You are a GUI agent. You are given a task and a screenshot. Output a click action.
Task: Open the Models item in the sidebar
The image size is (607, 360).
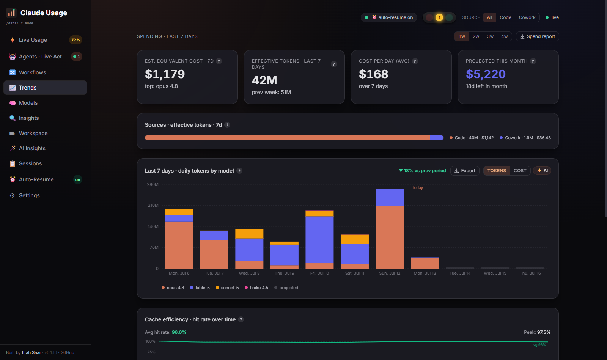coord(28,103)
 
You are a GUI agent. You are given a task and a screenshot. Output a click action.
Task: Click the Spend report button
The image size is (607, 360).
coord(537,36)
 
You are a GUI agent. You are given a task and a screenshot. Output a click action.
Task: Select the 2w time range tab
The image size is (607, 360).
coord(476,36)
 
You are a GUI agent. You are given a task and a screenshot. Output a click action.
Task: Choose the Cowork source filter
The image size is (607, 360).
coord(527,17)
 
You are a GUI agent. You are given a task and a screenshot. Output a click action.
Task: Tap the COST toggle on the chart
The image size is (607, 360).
coord(520,171)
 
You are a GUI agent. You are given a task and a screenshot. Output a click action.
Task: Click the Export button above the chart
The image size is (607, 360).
coord(465,171)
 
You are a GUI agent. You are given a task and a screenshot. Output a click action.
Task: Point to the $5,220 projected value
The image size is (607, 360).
coord(486,74)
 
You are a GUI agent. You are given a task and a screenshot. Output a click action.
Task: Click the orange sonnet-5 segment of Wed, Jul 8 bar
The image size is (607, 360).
coord(249,234)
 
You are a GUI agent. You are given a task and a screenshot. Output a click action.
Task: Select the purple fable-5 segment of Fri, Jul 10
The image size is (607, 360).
coord(319,240)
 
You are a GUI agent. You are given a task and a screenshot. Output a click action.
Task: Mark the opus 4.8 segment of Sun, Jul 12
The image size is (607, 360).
coord(390,237)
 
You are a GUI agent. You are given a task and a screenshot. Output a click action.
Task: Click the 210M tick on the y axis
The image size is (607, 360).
coord(153,205)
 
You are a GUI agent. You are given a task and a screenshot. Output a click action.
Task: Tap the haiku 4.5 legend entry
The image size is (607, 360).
coord(256,288)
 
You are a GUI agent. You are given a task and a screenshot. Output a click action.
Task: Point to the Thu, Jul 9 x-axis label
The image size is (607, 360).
coord(284,273)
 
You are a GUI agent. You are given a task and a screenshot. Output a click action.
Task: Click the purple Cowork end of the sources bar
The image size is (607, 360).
coord(437,138)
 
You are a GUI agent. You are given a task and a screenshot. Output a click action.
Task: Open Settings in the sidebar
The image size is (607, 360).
coord(29,195)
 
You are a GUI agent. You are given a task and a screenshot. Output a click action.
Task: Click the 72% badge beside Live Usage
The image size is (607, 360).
coord(75,40)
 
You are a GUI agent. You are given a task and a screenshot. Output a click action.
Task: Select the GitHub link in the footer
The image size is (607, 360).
coord(67,352)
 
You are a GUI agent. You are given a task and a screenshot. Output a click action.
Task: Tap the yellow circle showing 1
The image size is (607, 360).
coord(439,17)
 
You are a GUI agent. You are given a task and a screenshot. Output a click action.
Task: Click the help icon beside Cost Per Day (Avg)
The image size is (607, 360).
coord(415,61)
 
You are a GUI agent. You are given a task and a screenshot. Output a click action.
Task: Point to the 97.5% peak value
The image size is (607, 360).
coord(544,332)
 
